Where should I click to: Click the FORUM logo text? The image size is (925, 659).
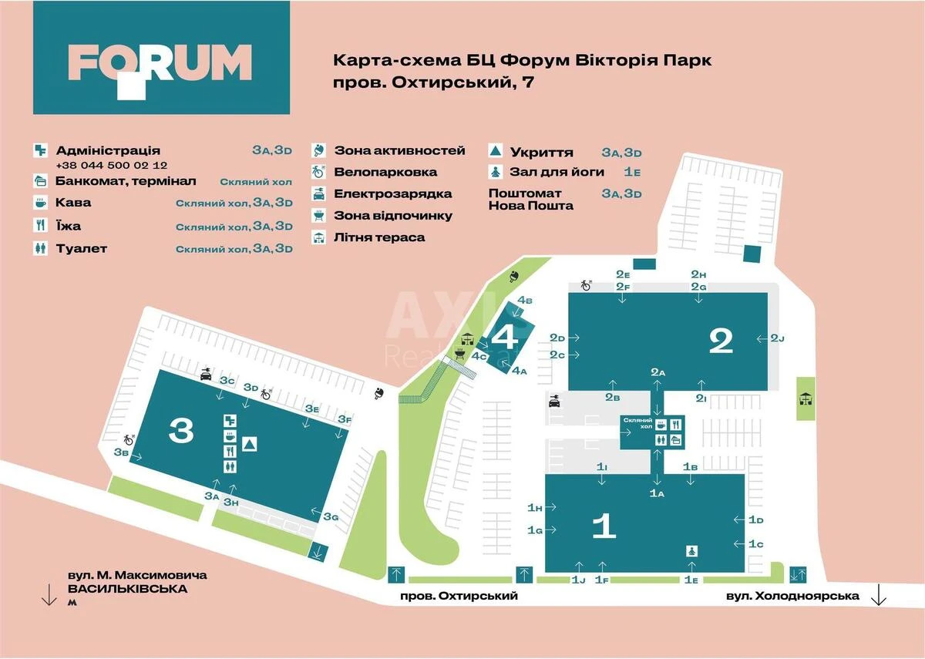pyautogui.click(x=160, y=63)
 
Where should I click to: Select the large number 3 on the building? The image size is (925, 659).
pyautogui.click(x=181, y=431)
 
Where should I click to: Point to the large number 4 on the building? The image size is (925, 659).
pyautogui.click(x=506, y=337)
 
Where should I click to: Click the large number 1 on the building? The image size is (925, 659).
pyautogui.click(x=604, y=526)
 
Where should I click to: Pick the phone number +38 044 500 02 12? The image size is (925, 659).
pyautogui.click(x=112, y=166)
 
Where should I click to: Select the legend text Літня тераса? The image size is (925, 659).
pyautogui.click(x=379, y=237)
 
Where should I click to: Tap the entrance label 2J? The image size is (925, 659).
pyautogui.click(x=777, y=338)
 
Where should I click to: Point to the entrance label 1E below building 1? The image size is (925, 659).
pyautogui.click(x=691, y=580)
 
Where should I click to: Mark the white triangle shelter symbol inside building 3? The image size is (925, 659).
pyautogui.click(x=250, y=444)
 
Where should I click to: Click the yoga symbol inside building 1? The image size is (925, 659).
pyautogui.click(x=691, y=551)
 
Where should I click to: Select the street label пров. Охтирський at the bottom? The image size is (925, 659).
pyautogui.click(x=459, y=596)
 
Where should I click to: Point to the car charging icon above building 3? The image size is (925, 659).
pyautogui.click(x=206, y=375)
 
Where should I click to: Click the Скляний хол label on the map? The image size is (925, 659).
pyautogui.click(x=638, y=422)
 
